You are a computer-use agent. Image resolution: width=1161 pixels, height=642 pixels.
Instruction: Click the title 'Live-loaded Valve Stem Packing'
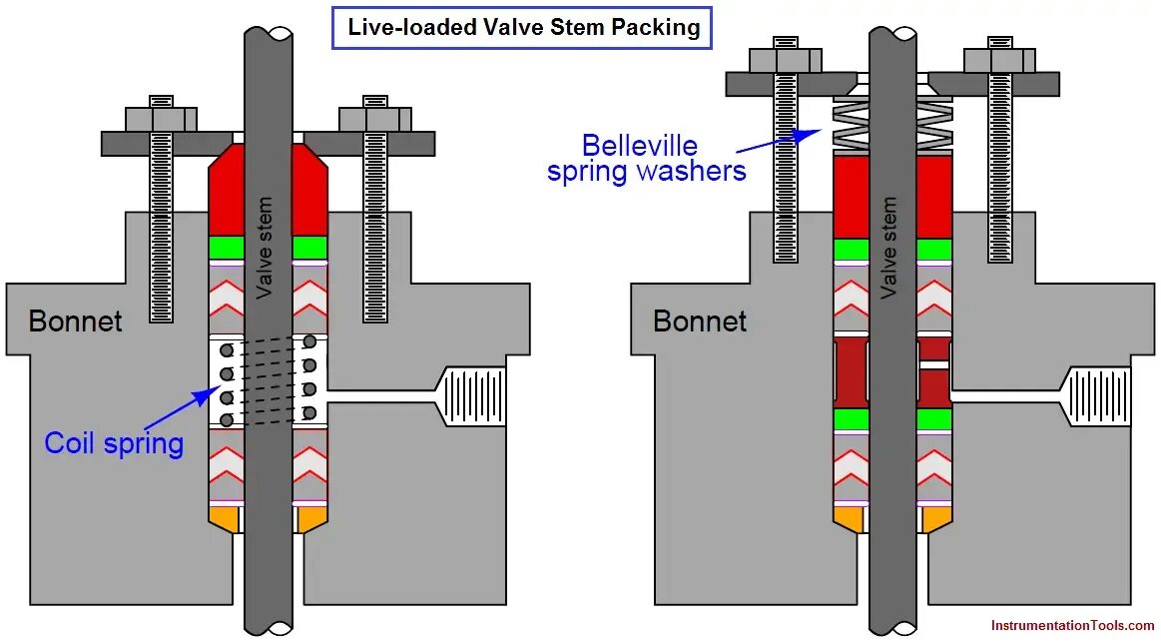(x=523, y=27)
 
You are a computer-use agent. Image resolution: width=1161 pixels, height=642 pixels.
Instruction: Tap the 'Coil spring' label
(x=114, y=442)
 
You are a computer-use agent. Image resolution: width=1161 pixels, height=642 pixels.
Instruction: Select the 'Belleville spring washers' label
(x=646, y=159)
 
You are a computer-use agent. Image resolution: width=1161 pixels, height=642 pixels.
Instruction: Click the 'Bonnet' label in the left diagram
(x=75, y=321)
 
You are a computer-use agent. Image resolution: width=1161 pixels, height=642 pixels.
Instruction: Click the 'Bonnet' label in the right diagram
(x=699, y=321)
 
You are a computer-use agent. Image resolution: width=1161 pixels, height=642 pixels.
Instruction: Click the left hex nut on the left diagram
(x=161, y=119)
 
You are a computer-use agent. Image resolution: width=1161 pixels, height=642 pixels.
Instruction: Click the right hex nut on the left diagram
(x=375, y=119)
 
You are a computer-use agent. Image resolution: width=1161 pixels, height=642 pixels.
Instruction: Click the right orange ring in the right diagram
(x=934, y=518)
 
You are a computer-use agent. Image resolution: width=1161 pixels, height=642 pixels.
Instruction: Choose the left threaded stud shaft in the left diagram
(x=161, y=240)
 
